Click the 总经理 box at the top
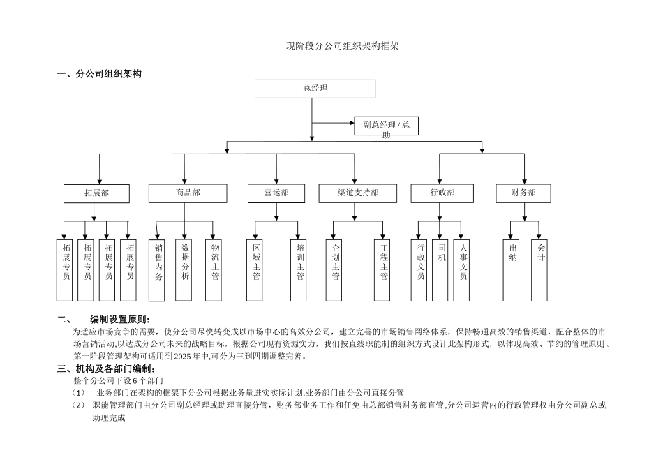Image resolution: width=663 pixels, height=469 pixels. (x=315, y=89)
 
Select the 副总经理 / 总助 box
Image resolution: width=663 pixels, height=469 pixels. (x=386, y=126)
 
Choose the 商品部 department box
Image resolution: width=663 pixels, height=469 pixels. (x=187, y=193)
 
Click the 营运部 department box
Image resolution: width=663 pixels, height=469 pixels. (x=276, y=193)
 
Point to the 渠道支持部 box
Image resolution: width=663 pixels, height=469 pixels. (x=357, y=193)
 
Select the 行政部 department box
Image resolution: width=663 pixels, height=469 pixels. (x=442, y=193)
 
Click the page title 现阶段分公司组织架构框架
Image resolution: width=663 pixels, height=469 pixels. (x=342, y=46)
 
